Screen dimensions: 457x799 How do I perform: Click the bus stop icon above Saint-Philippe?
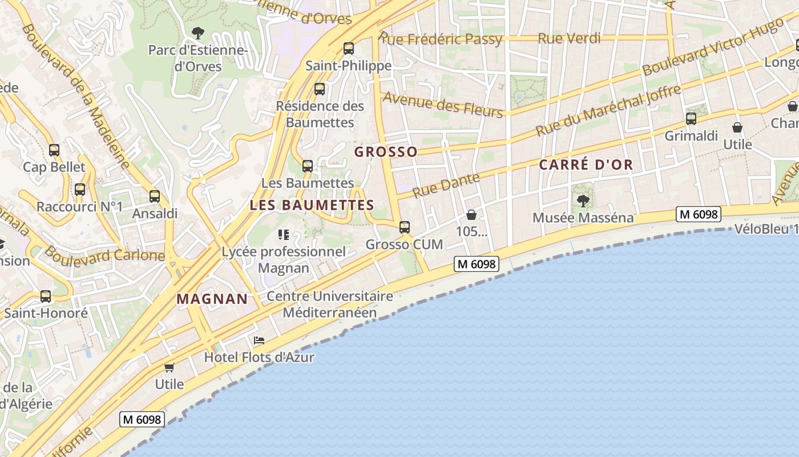tap(348, 49)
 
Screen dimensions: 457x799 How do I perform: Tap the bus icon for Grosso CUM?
tap(405, 227)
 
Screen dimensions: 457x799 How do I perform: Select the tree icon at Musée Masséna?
tap(583, 201)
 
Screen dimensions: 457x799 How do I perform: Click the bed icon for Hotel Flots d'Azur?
tap(259, 340)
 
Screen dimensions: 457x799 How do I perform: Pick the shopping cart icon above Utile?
tap(169, 367)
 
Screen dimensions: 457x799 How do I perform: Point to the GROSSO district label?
tap(386, 152)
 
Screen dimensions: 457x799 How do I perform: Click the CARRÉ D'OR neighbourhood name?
tap(586, 165)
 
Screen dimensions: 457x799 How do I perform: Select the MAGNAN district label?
tap(212, 299)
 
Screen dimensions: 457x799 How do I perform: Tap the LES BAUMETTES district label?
tap(312, 205)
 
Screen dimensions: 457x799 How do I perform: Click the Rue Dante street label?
tap(446, 186)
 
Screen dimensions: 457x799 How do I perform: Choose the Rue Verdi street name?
tap(569, 38)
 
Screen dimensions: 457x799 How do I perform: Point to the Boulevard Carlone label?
tap(104, 253)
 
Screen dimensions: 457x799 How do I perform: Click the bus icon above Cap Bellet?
tap(54, 150)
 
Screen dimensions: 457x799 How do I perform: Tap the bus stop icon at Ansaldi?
tap(155, 197)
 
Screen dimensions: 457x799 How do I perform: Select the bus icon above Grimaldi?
tap(691, 119)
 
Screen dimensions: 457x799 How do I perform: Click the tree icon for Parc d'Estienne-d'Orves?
tap(198, 33)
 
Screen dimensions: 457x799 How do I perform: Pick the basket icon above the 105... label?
tap(471, 215)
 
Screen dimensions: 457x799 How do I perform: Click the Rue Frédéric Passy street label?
tap(441, 39)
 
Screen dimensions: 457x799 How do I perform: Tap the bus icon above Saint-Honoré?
tap(46, 296)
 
